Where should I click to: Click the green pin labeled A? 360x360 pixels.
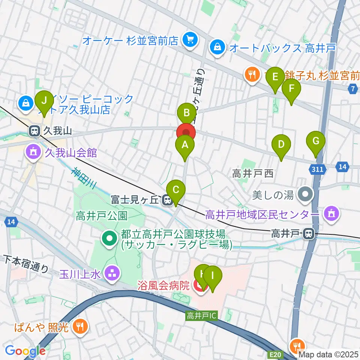tap(184, 145)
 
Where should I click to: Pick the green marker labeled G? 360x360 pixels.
tap(316, 142)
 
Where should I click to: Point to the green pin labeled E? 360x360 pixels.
tap(275, 78)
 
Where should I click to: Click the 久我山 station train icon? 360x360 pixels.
tap(34, 131)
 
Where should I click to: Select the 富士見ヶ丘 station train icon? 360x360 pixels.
tap(167, 201)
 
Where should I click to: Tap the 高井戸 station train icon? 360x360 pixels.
tap(309, 234)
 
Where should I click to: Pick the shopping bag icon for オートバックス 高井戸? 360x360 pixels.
tap(217, 47)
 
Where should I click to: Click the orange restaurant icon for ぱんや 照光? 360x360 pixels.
tap(80, 327)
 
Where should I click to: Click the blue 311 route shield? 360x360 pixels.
tap(317, 169)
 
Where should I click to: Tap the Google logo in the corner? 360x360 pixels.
tap(25, 351)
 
